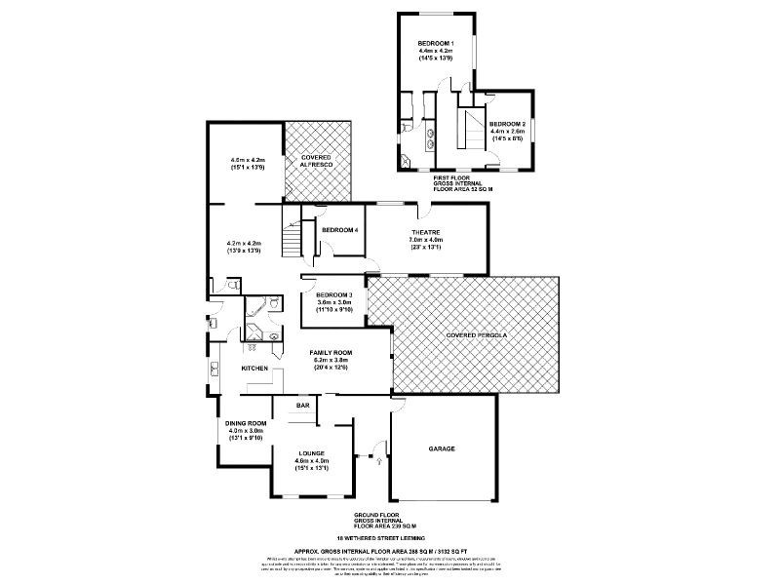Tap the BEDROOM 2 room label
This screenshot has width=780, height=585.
pyautogui.click(x=507, y=124)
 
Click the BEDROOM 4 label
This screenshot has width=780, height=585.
pyautogui.click(x=340, y=230)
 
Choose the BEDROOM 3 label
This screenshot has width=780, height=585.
pyautogui.click(x=333, y=294)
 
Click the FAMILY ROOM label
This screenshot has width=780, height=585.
pyautogui.click(x=331, y=352)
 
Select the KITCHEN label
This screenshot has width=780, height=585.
pyautogui.click(x=254, y=369)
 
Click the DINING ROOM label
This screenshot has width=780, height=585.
pyautogui.click(x=246, y=423)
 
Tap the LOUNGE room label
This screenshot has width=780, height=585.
pyautogui.click(x=312, y=452)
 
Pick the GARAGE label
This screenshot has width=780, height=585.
pyautogui.click(x=443, y=448)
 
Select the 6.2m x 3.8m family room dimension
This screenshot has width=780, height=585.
pyautogui.click(x=331, y=360)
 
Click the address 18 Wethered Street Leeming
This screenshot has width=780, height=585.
pyautogui.click(x=375, y=537)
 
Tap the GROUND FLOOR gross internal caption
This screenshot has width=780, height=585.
pyautogui.click(x=376, y=521)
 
